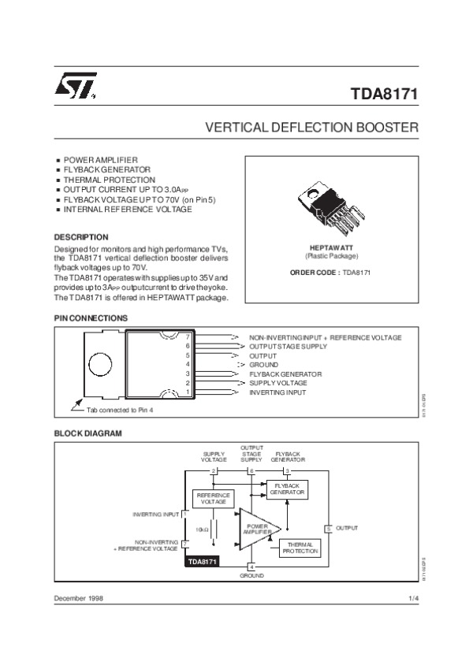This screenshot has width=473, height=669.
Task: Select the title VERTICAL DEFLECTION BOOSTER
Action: coord(311,127)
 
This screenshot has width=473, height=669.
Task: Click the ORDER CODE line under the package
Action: coord(330,272)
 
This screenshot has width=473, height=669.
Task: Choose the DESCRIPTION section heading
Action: coord(81,236)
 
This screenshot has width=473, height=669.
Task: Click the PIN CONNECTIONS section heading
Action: coord(91,318)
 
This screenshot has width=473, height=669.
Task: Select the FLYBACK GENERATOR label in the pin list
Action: coord(285,374)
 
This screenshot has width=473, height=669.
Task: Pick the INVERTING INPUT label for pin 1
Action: coord(277,392)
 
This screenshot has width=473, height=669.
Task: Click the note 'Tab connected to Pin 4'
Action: coord(120,410)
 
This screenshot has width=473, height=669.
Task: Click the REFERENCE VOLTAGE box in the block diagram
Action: coord(213,498)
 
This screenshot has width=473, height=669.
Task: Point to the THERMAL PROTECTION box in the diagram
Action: coord(300,548)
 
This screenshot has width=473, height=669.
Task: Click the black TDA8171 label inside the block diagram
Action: coord(202,563)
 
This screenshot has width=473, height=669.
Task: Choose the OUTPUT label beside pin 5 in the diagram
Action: coord(347,527)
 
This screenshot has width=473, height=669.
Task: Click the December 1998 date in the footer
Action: coord(79,599)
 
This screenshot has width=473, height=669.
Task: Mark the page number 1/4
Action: coord(413,599)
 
